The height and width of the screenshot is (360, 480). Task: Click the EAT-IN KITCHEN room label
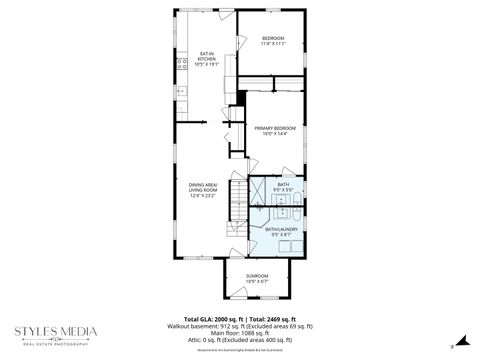click(x=207, y=60)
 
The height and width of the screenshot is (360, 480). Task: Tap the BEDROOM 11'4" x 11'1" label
click(x=273, y=41)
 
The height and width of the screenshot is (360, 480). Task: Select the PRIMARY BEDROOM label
click(x=274, y=131)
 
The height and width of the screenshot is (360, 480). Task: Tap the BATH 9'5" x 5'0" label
click(x=283, y=187)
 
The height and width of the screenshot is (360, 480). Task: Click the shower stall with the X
click(x=257, y=190)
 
